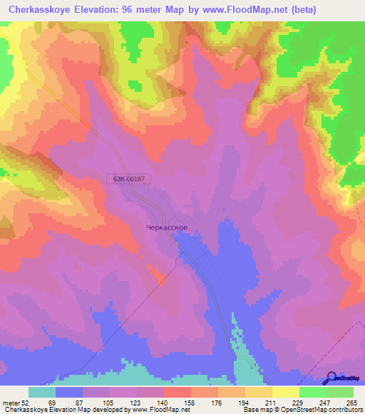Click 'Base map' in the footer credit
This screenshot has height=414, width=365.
(255, 410)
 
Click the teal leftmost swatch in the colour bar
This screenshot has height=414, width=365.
(41, 392)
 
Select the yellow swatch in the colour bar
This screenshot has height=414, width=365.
(285, 392)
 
